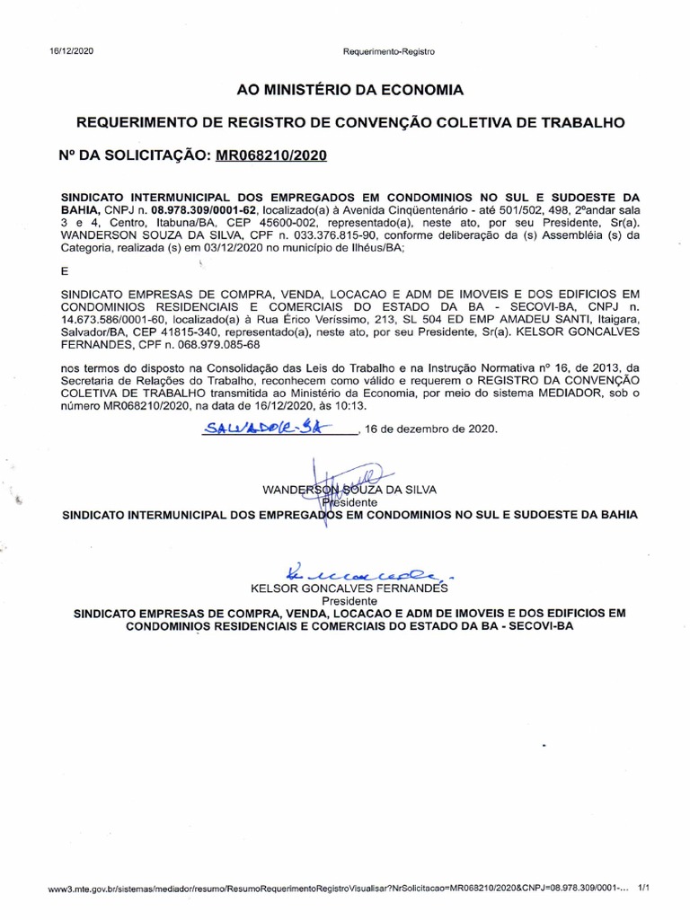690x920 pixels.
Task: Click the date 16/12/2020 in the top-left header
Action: (71, 51)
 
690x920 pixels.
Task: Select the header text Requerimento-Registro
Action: (388, 52)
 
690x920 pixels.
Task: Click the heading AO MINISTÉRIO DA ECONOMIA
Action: (349, 90)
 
